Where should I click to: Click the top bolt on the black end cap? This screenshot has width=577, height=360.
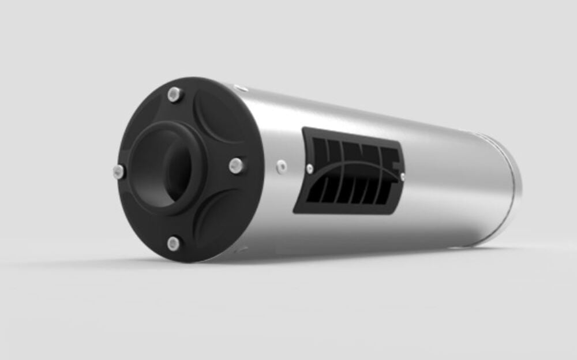(x=174, y=94)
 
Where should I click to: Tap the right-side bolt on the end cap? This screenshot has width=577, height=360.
(x=235, y=166)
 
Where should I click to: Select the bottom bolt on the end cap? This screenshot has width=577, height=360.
(x=174, y=243)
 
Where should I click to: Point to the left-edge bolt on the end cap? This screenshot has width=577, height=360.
(x=118, y=171)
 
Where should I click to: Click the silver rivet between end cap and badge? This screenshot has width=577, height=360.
(x=282, y=166)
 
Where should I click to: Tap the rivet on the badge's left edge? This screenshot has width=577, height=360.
(x=310, y=168)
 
